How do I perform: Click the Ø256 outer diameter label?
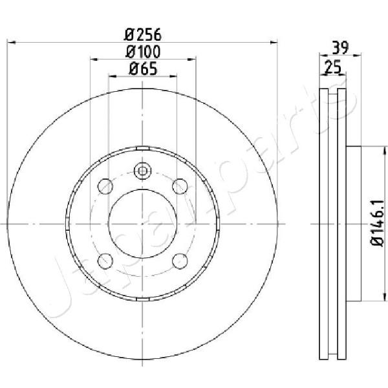(142, 35)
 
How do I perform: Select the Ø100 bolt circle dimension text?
(143, 52)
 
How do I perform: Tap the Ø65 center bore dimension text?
(143, 69)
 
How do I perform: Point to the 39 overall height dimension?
(340, 48)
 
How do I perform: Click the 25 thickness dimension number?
(332, 67)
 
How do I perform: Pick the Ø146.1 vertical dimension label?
(378, 223)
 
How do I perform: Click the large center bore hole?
(142, 224)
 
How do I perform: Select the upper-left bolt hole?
(105, 186)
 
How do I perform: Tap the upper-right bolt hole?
(180, 186)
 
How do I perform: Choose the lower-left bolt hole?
(105, 261)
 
